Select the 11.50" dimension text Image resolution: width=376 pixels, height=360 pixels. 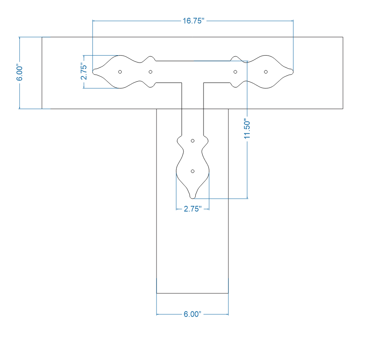point(247,130)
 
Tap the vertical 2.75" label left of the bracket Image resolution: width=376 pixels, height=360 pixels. point(84,72)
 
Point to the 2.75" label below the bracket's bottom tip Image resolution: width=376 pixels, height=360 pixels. point(192,209)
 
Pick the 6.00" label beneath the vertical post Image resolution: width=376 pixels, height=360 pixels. point(192,314)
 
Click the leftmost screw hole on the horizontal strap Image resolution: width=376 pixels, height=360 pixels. point(120,72)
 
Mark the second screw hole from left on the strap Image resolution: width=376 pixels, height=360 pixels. point(150,72)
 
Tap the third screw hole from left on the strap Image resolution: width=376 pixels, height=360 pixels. point(235,72)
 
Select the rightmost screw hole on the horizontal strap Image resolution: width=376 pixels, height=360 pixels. point(266,72)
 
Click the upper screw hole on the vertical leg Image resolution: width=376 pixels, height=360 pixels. point(193,141)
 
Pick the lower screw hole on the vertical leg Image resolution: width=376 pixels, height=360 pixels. point(193,171)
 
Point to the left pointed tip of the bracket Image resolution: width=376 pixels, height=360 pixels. point(93,72)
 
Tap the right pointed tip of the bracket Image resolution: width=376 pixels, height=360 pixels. point(293,72)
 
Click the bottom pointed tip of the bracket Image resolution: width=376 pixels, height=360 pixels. point(193,198)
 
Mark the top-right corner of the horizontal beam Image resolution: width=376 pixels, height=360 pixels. point(342,37)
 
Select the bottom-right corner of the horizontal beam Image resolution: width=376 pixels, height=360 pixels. point(342,109)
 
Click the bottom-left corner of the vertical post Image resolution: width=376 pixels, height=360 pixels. point(157,293)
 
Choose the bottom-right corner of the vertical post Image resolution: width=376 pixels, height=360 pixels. point(228,293)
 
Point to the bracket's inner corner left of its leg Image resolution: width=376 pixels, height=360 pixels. point(182,83)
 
